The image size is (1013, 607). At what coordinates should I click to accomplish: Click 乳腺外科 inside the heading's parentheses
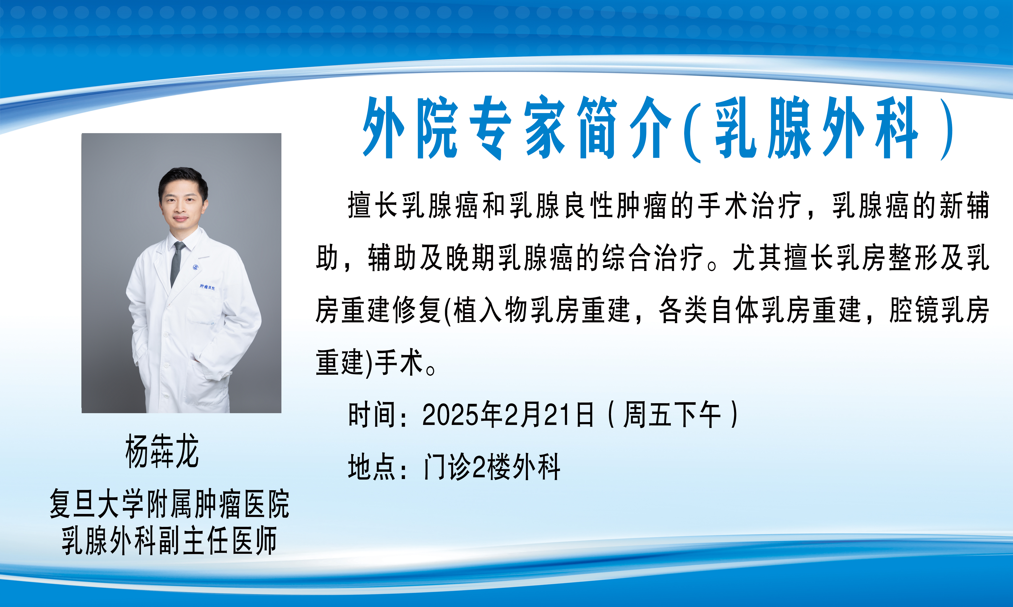(x=816, y=128)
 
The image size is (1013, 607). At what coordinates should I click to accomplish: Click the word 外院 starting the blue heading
(x=411, y=128)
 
